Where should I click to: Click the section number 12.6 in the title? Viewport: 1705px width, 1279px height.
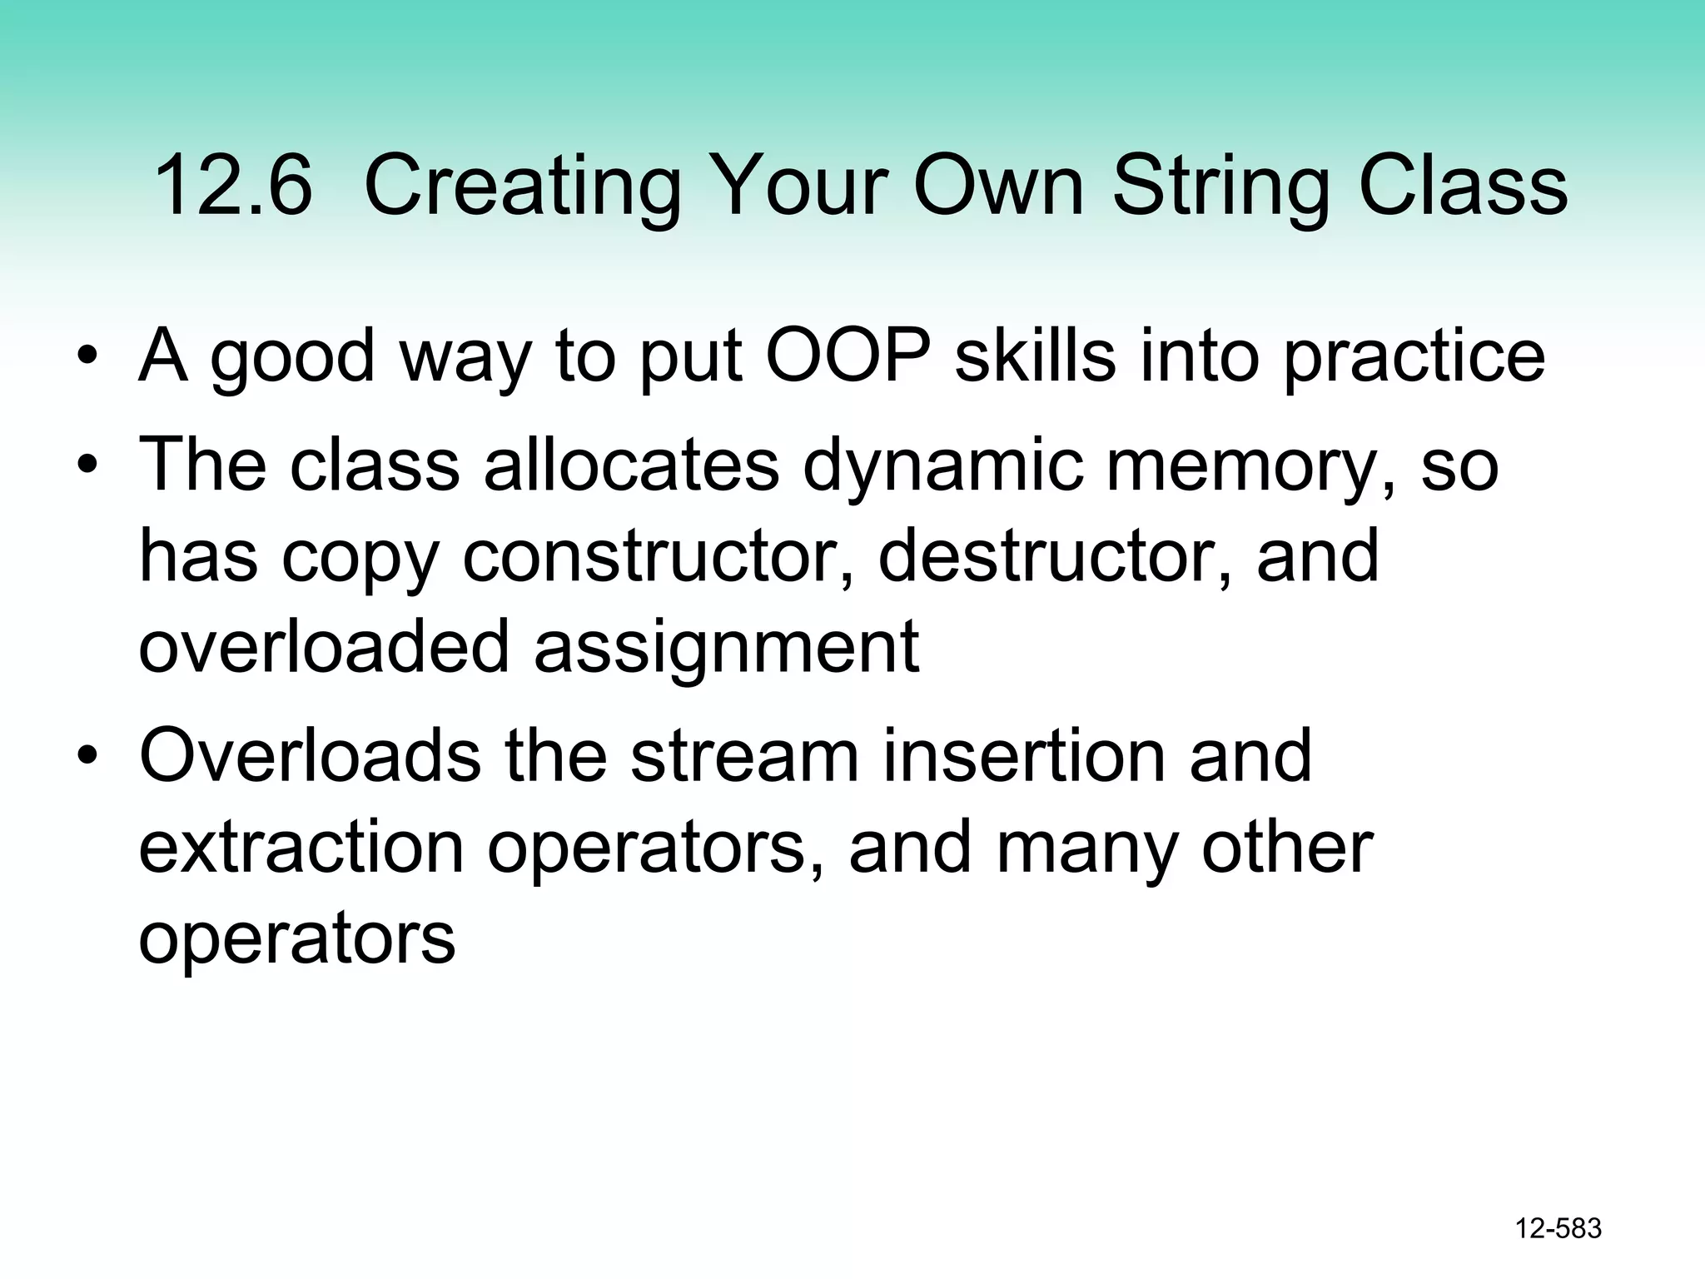pyautogui.click(x=233, y=187)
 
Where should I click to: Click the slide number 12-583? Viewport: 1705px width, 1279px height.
pyautogui.click(x=1558, y=1228)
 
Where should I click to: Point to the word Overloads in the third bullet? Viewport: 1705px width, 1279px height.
pyautogui.click(x=310, y=755)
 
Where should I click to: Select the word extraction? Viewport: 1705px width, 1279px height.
pyautogui.click(x=301, y=848)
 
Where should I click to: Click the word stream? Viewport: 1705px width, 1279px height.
pyautogui.click(x=743, y=755)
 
